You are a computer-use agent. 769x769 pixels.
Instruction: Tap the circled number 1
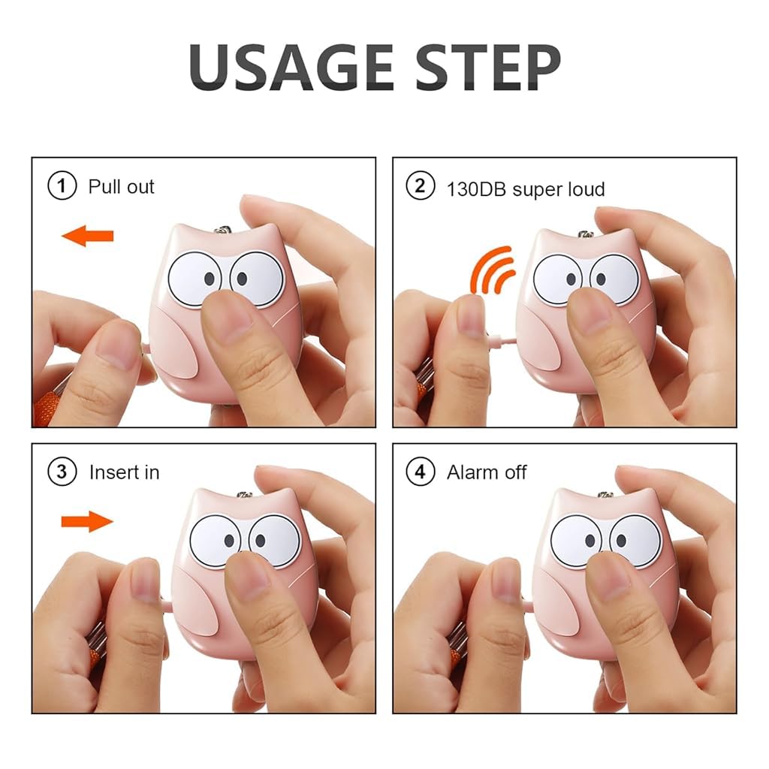(62, 186)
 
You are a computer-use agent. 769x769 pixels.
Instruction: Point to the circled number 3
(62, 472)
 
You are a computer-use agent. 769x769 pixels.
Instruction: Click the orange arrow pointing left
(88, 237)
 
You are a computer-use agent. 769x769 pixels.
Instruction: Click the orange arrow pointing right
(86, 520)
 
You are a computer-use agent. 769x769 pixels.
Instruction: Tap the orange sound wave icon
(492, 270)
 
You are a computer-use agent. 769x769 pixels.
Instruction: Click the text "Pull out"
(121, 186)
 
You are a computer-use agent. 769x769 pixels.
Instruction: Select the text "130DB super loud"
(526, 188)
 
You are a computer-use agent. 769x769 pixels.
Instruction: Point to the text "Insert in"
(124, 472)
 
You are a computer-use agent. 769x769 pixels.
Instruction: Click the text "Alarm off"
(487, 472)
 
